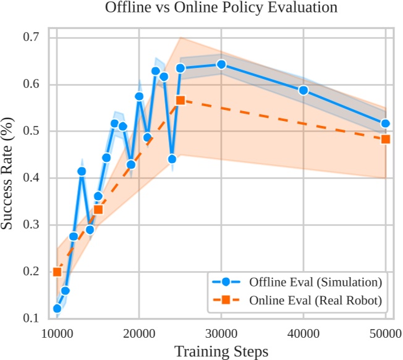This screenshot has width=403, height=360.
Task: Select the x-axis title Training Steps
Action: [x=221, y=351]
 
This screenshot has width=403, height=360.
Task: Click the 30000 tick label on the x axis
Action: [x=221, y=334]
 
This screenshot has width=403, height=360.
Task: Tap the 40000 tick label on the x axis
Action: [x=303, y=334]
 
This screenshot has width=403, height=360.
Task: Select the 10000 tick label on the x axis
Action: [x=57, y=334]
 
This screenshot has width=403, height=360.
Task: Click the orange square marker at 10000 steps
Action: [x=57, y=272]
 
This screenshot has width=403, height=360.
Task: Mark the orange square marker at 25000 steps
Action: [x=180, y=100]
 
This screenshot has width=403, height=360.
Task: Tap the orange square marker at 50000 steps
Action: [x=386, y=139]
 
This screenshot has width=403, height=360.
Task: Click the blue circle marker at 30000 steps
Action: [x=221, y=64]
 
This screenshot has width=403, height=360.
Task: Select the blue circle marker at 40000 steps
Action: [x=303, y=90]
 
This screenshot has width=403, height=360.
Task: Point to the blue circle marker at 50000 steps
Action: [x=386, y=123]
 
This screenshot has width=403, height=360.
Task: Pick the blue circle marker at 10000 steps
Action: [x=57, y=308]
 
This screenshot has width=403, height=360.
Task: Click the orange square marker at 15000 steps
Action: [x=98, y=210]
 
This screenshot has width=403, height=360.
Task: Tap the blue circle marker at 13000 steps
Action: [x=82, y=171]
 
